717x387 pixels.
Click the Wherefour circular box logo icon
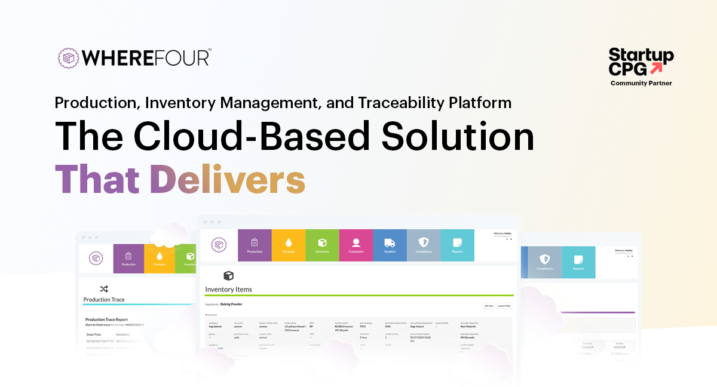68,57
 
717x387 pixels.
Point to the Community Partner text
641,84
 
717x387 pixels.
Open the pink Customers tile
356,245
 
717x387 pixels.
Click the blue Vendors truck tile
390,245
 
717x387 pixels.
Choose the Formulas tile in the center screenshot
289,245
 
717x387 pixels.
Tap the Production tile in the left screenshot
128,259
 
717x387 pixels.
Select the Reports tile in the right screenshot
578,262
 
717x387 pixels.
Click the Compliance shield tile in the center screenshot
424,245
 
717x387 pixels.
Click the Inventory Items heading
229,290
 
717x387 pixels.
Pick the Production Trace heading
104,299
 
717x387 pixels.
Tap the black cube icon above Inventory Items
228,275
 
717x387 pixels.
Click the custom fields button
504,306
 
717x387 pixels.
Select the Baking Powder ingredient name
231,304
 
